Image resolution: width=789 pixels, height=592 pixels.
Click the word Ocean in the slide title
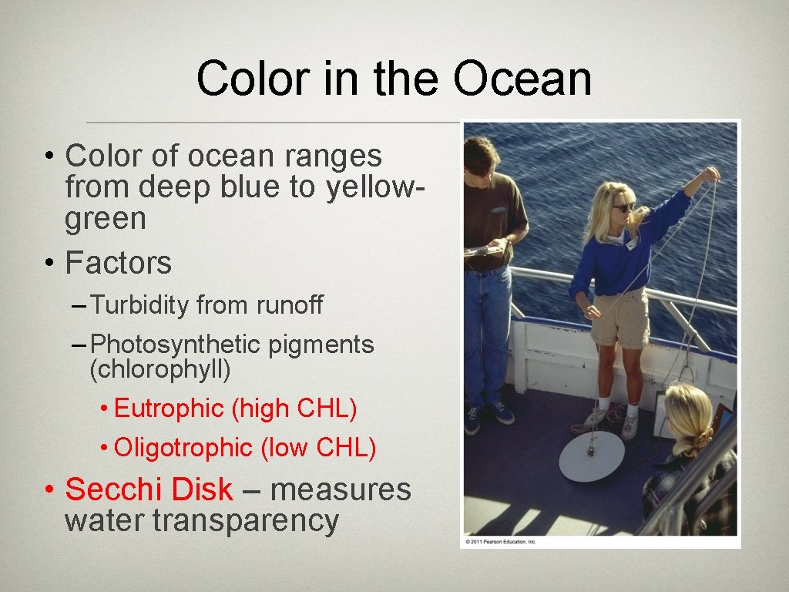tap(522, 79)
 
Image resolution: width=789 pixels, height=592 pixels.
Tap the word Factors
tap(119, 264)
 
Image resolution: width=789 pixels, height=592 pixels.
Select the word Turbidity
tap(139, 306)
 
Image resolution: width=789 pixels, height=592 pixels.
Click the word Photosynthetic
tap(176, 345)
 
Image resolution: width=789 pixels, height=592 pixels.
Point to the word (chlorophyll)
tap(160, 370)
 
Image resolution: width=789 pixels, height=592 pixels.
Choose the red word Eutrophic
tap(169, 409)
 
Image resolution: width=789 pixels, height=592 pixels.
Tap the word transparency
tap(246, 521)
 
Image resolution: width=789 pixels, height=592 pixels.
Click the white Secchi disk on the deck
tap(591, 457)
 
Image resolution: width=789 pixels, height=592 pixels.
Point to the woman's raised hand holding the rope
tap(709, 175)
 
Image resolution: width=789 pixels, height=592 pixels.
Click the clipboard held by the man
tap(482, 251)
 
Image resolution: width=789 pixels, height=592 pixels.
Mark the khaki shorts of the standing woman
tap(620, 317)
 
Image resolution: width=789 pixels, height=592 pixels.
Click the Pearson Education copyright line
tap(501, 542)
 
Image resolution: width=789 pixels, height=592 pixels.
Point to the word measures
tap(341, 489)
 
